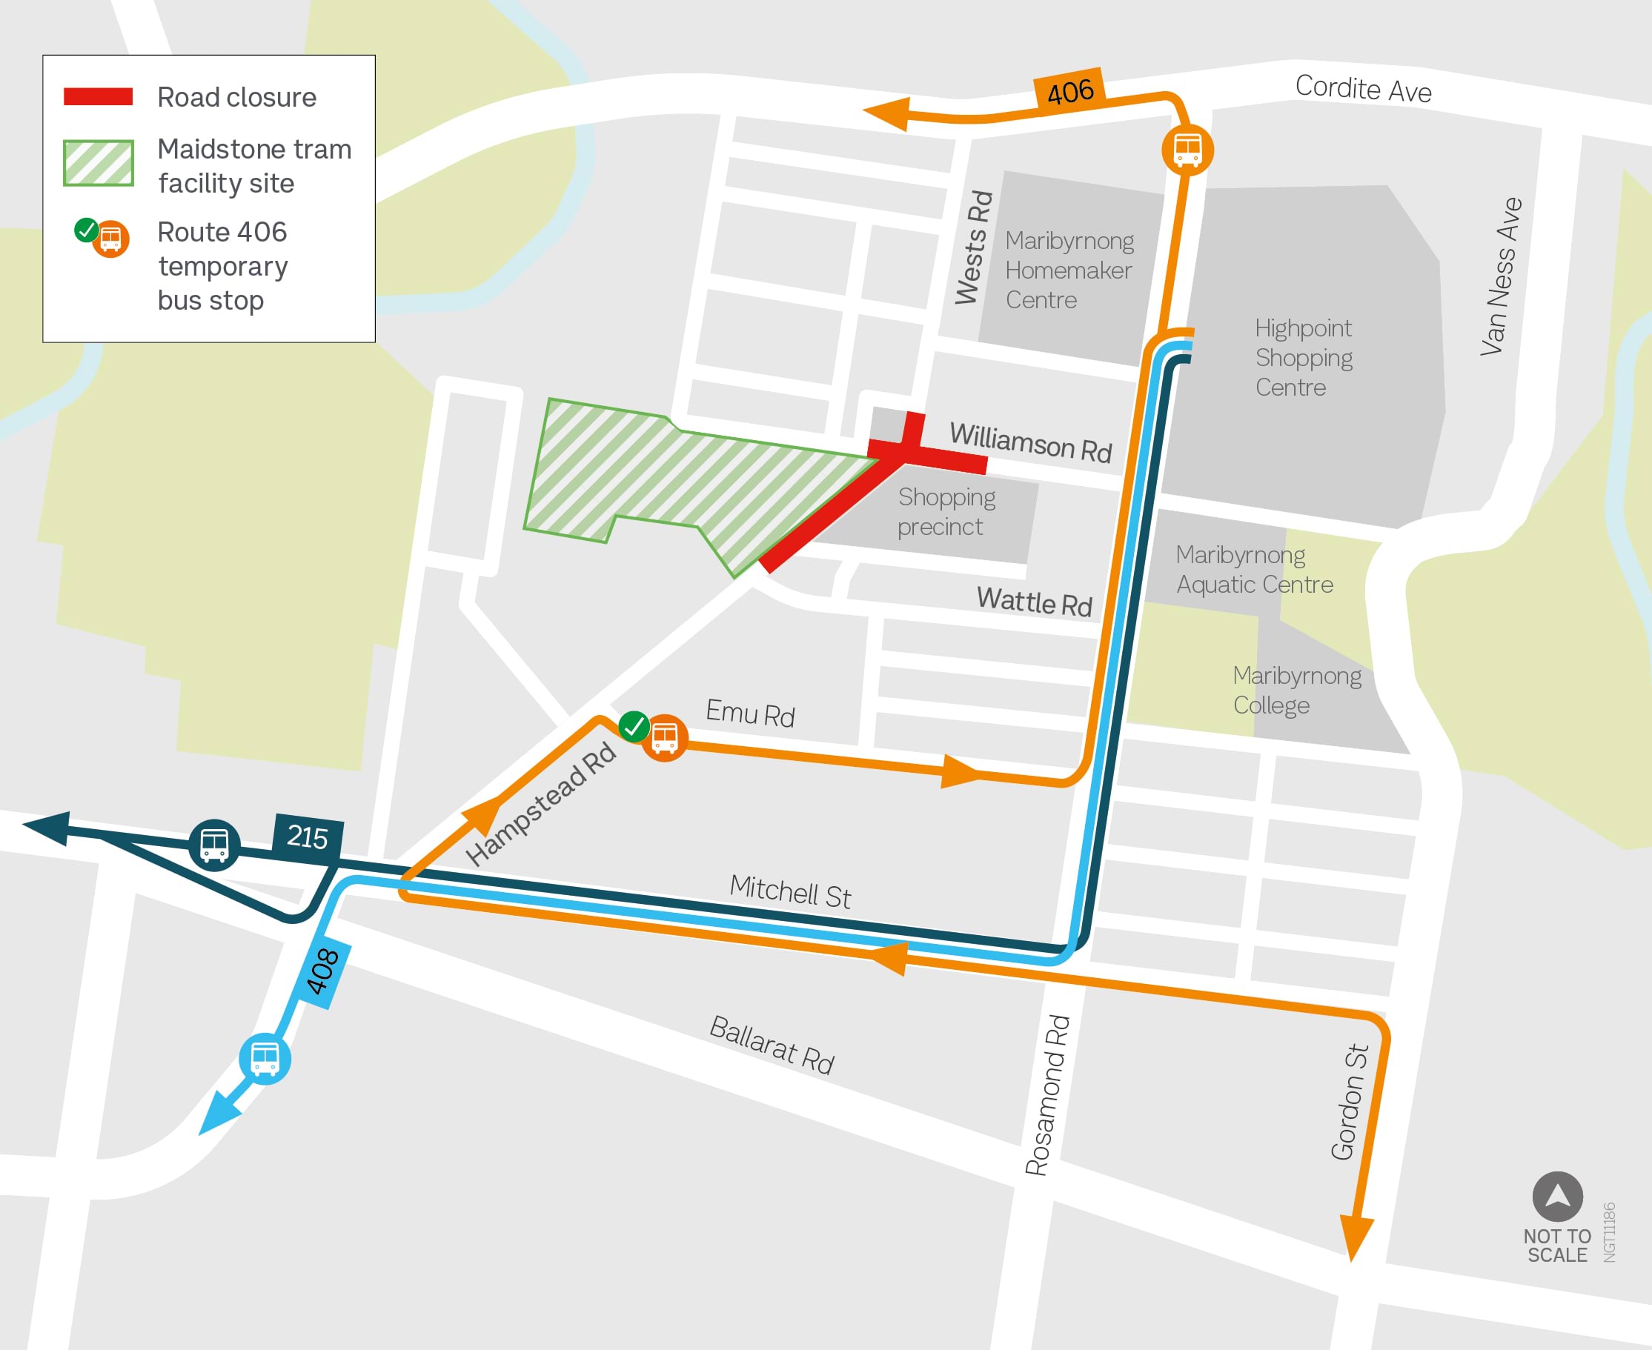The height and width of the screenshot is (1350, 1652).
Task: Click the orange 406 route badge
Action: point(1070,92)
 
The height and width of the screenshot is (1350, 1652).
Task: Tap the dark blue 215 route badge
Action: point(308,837)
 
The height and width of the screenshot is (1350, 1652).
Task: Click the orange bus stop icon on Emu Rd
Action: point(664,736)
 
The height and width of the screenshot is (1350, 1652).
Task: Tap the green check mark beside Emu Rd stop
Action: point(634,726)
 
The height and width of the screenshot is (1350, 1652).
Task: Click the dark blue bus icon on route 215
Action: point(214,845)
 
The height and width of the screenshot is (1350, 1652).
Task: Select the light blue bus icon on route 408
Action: point(265,1058)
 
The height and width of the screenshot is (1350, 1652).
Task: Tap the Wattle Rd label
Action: point(1034,602)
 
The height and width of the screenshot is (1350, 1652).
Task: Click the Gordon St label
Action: point(1350,1102)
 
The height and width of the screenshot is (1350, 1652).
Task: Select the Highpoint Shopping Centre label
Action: point(1303,357)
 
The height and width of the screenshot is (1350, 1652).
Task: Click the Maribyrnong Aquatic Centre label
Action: point(1253,570)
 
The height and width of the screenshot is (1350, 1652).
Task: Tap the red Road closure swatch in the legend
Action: point(98,96)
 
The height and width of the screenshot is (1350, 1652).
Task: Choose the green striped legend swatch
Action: point(98,162)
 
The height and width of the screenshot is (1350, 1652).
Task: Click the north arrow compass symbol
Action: point(1557,1196)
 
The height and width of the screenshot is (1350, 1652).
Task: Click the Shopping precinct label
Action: point(946,512)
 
